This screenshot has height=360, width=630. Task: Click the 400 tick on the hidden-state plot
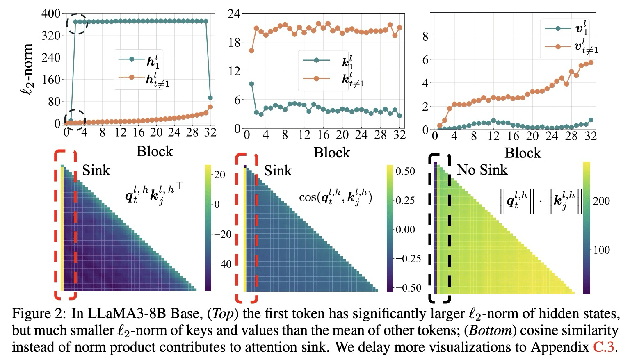pyautogui.click(x=50, y=14)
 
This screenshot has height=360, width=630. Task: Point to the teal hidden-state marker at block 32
pyautogui.click(x=210, y=98)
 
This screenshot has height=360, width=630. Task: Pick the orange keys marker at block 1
pyautogui.click(x=251, y=50)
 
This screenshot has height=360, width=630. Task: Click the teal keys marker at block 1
pyautogui.click(x=251, y=84)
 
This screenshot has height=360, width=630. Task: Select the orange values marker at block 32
pyautogui.click(x=591, y=62)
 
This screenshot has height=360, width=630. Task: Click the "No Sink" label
pyautogui.click(x=482, y=169)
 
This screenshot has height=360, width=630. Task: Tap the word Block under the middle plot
pyautogui.click(x=332, y=153)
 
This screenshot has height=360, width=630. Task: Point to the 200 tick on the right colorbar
pyautogui.click(x=601, y=201)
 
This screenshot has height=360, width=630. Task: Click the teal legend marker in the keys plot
pyautogui.click(x=316, y=60)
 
